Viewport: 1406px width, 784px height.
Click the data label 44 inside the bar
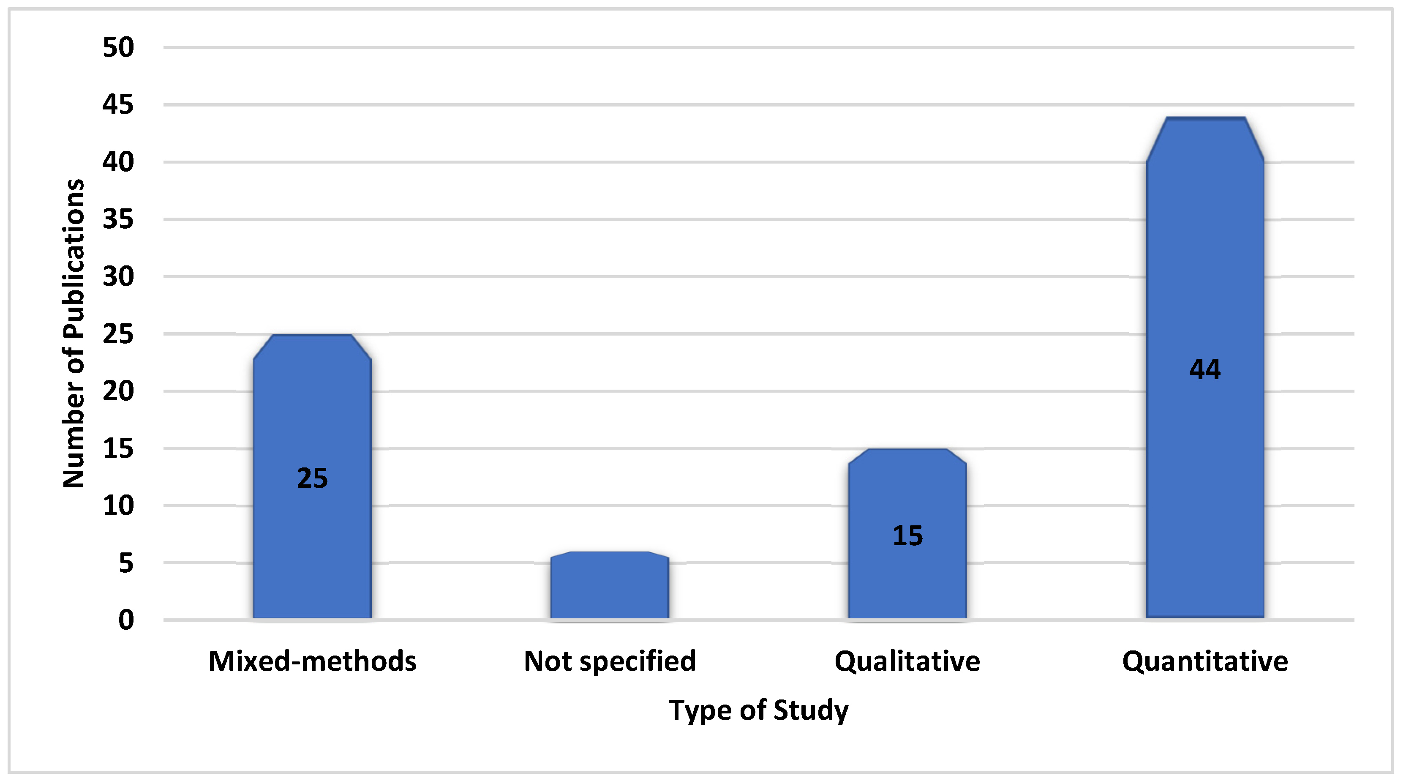point(1204,370)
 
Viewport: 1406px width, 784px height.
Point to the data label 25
point(312,478)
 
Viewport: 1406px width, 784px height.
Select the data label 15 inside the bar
point(907,535)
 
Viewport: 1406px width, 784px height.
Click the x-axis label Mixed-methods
point(312,661)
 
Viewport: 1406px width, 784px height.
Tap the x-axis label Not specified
point(610,661)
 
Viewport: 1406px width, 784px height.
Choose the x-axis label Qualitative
point(907,661)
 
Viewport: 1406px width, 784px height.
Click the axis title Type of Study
point(759,710)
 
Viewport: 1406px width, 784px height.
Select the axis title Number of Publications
point(74,333)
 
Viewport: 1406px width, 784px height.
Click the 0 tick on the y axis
point(126,620)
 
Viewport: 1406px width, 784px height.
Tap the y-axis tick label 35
point(118,219)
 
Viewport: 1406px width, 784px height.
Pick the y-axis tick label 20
point(118,391)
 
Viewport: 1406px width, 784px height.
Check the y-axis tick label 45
point(118,105)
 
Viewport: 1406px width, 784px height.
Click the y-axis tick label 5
point(126,563)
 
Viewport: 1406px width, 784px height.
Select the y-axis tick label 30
point(118,277)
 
